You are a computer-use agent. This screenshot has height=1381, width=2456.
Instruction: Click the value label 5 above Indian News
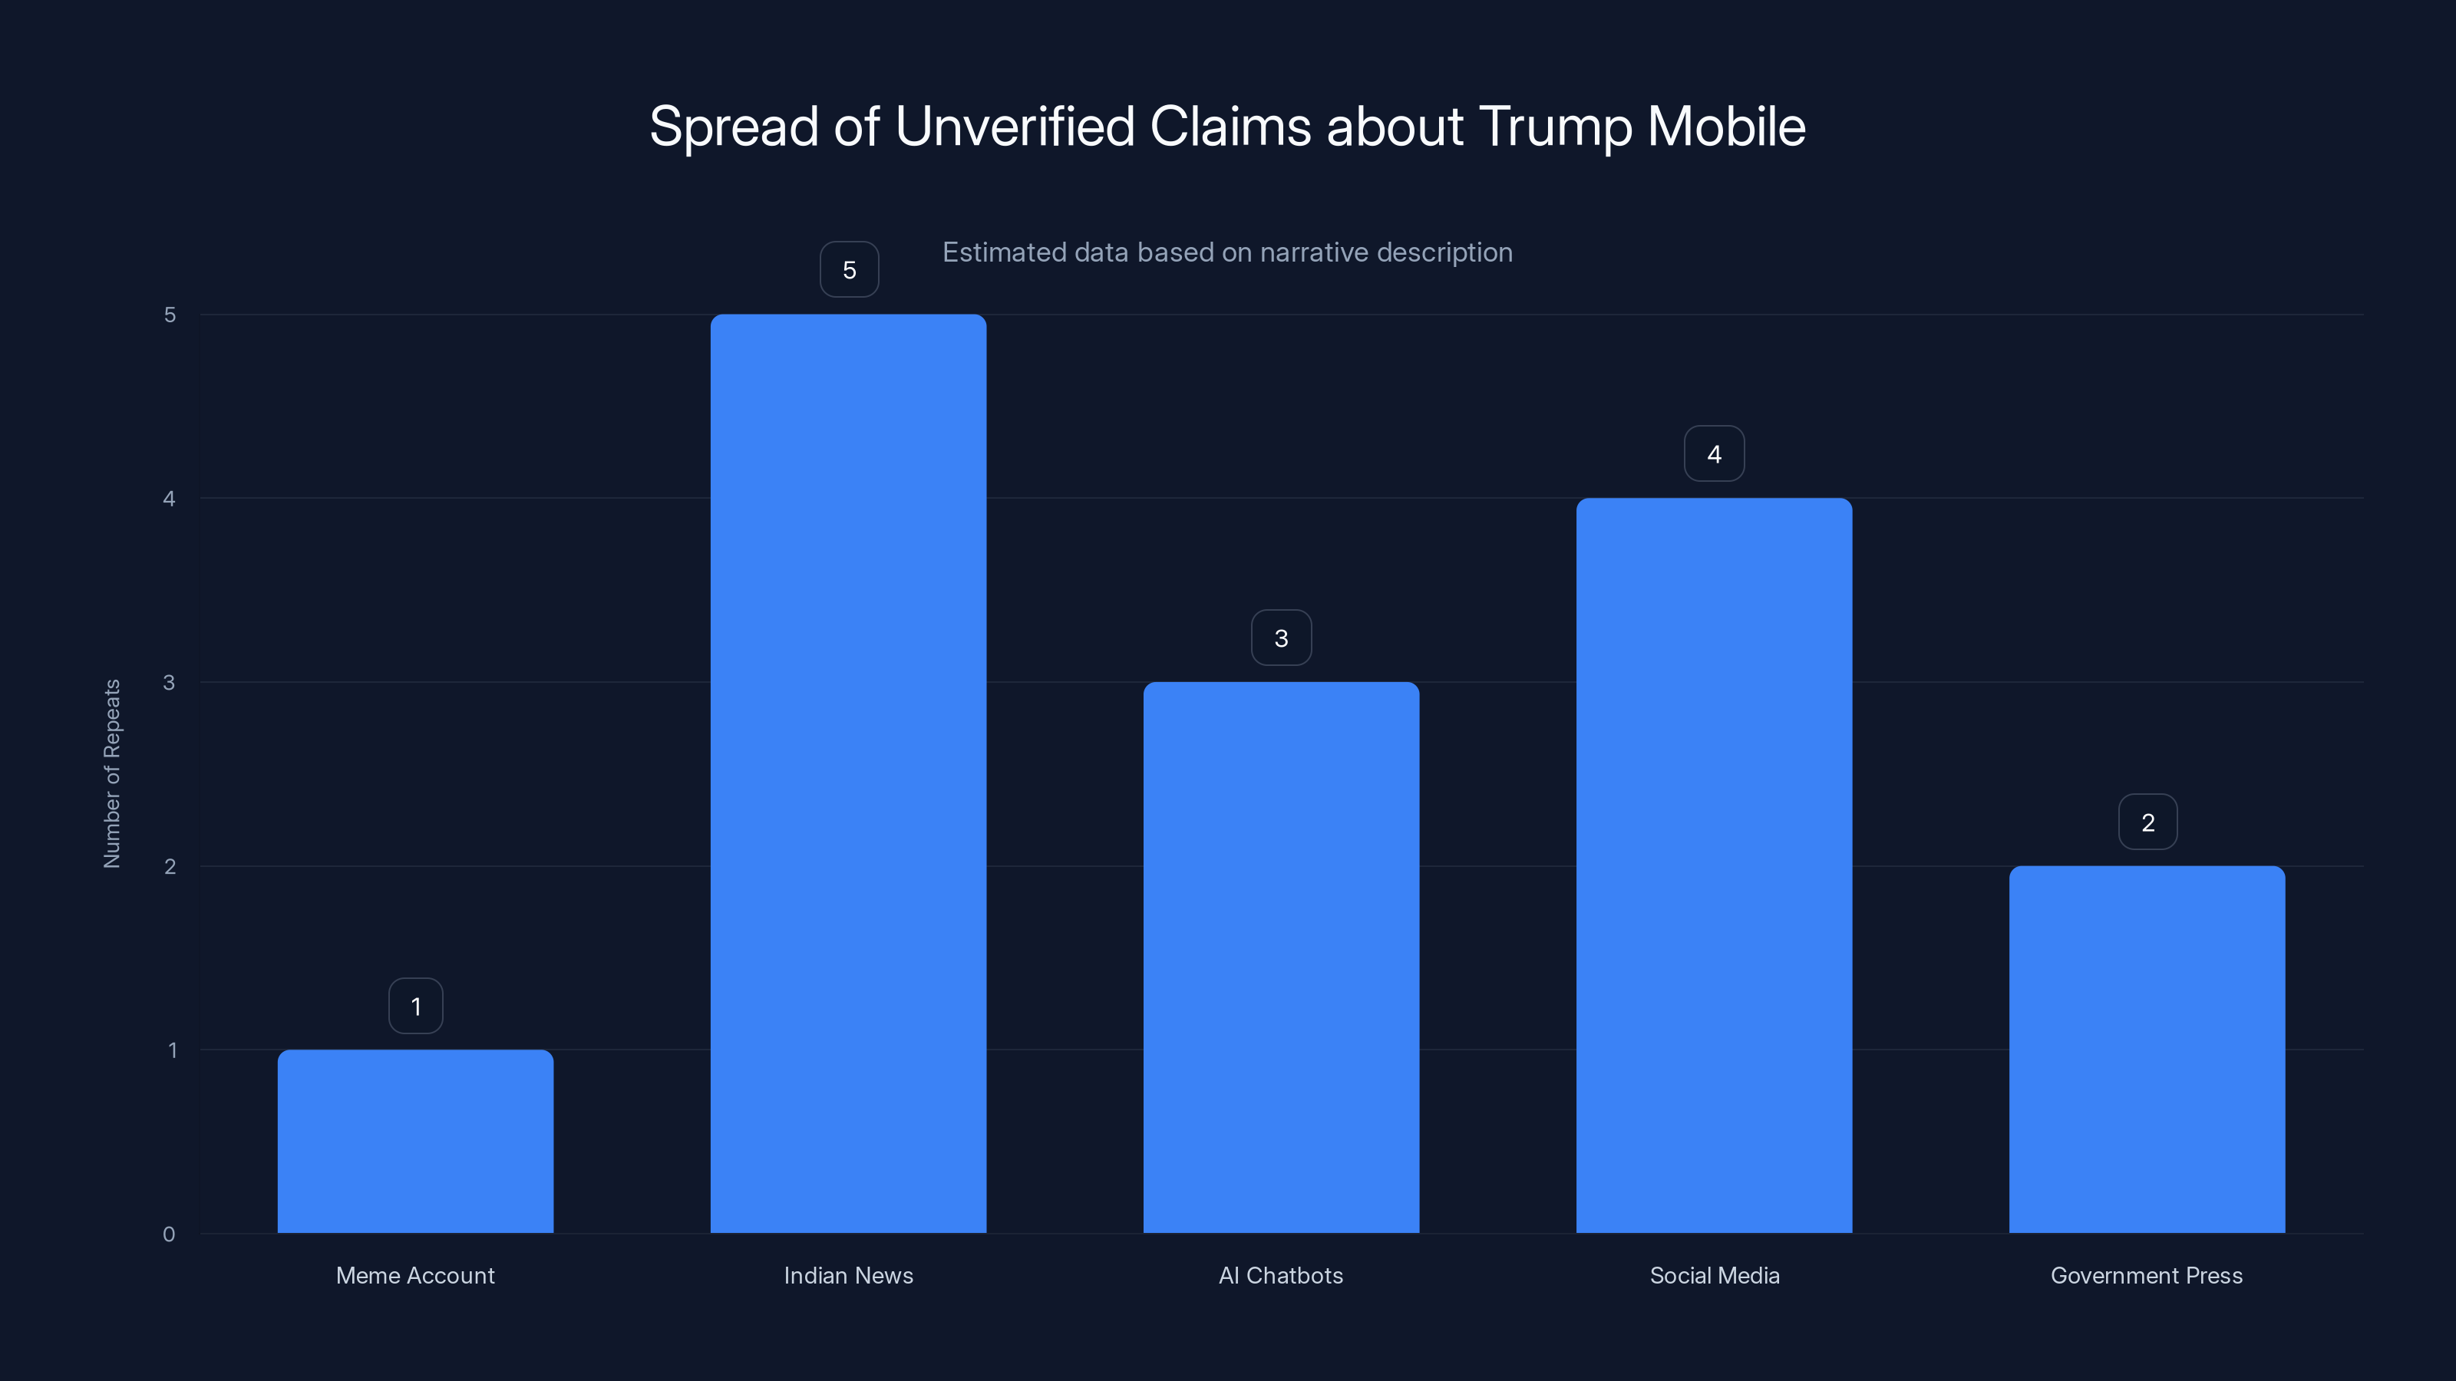(x=849, y=270)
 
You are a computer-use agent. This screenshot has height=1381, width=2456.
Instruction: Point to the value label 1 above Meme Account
(x=416, y=1007)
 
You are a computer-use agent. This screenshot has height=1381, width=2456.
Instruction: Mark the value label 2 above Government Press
(x=2147, y=822)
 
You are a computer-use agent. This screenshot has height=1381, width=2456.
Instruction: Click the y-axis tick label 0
(x=169, y=1234)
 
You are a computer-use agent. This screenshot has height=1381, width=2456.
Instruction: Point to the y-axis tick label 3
(x=169, y=682)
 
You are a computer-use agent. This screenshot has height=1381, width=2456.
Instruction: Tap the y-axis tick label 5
(x=170, y=315)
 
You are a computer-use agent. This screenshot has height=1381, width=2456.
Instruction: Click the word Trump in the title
(x=1555, y=127)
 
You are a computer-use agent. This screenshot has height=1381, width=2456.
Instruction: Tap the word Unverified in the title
(x=1015, y=127)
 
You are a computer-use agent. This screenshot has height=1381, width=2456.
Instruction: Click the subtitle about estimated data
(x=1227, y=252)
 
